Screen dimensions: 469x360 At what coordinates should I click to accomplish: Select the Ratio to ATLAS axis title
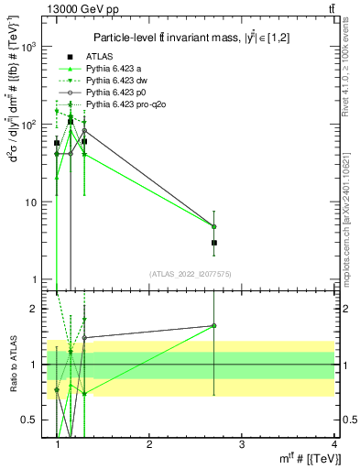[x=14, y=365]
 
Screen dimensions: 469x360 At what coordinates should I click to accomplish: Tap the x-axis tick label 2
[x=149, y=444]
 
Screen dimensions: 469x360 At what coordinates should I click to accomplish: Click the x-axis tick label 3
[x=241, y=444]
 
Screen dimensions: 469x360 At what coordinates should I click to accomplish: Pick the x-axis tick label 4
[x=333, y=444]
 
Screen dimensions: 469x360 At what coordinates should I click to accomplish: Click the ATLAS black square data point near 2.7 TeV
[x=213, y=243]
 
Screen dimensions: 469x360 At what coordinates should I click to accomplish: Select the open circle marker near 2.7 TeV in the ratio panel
[x=213, y=325]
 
